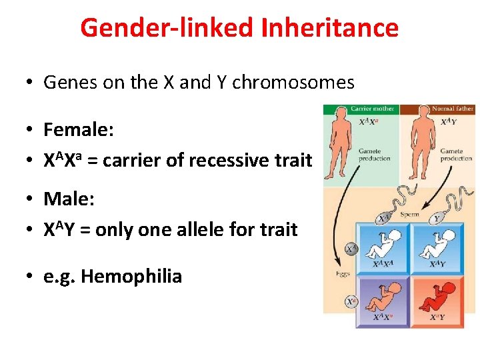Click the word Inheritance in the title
[330, 28]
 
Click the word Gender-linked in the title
[167, 28]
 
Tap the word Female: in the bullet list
[79, 129]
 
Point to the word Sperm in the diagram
[410, 215]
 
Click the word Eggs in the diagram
[334, 274]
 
